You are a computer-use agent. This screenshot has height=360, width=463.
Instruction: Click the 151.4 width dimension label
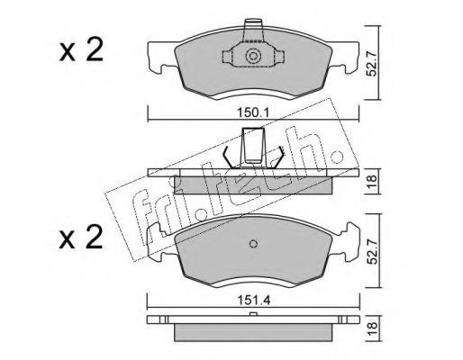click(x=254, y=300)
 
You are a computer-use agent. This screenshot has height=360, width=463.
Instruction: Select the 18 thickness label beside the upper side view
click(x=372, y=181)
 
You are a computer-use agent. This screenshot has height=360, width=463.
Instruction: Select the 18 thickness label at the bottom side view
click(x=372, y=328)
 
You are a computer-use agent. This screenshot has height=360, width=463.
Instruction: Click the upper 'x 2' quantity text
click(x=81, y=50)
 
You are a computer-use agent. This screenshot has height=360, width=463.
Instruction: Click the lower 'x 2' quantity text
click(x=81, y=238)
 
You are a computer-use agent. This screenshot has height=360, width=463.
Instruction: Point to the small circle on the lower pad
click(x=254, y=244)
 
